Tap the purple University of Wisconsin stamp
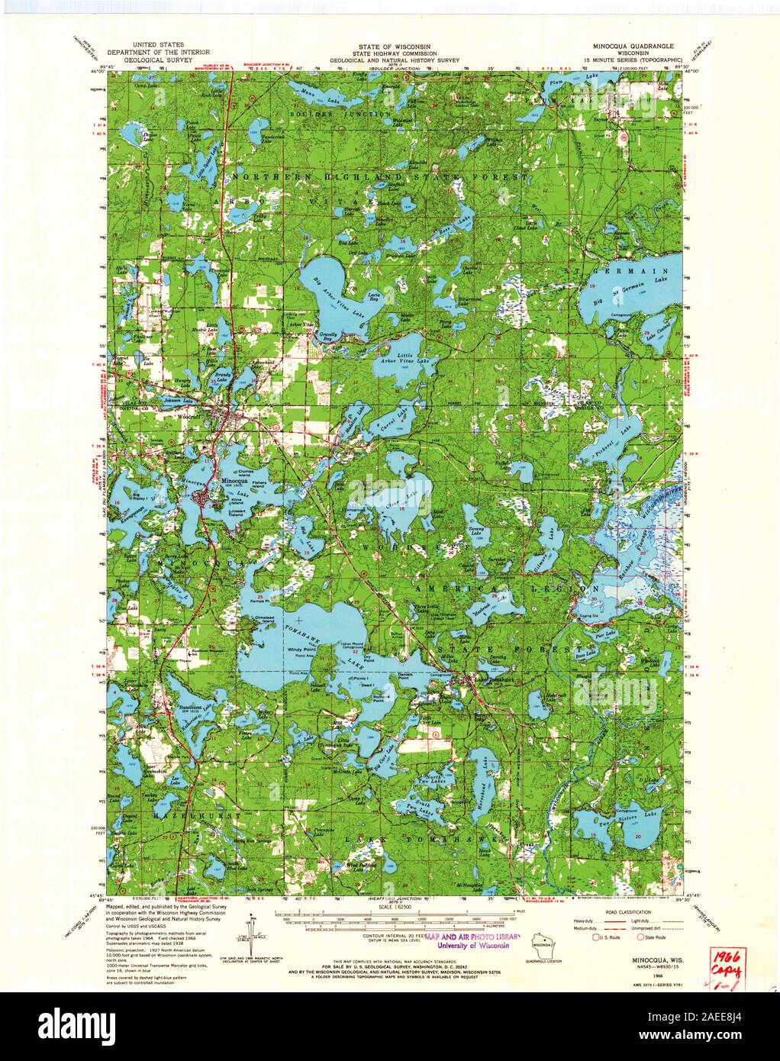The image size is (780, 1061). (473, 940)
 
